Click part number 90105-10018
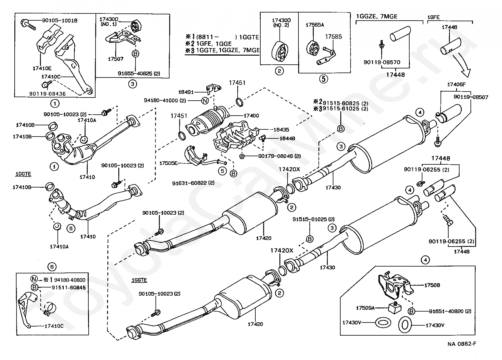pyautogui.click(x=60, y=21)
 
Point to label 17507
pyautogui.click(x=116, y=59)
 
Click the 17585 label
pyautogui.click(x=334, y=37)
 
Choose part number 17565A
pyautogui.click(x=315, y=25)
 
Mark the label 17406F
pyautogui.click(x=456, y=84)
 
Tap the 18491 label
pyautogui.click(x=186, y=92)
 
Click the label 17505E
pyautogui.click(x=168, y=163)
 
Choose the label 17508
pyautogui.click(x=432, y=285)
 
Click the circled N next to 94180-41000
pyautogui.click(x=205, y=101)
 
